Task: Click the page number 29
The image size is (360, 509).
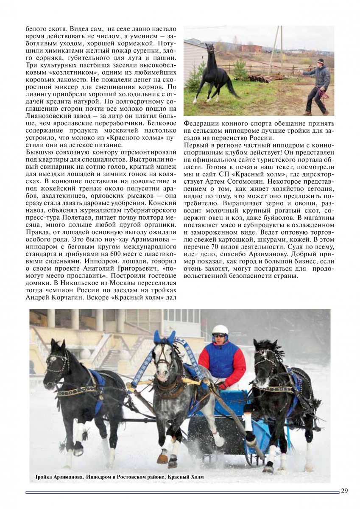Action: click(344, 491)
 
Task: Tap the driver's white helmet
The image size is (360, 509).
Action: click(220, 330)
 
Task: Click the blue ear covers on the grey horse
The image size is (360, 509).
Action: click(165, 338)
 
